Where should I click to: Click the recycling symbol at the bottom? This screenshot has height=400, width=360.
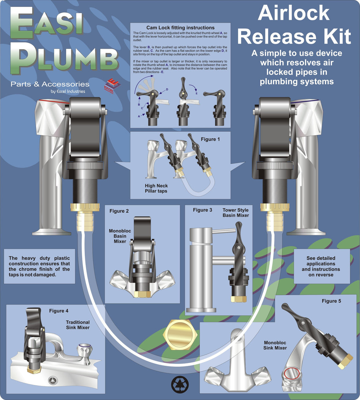click(180, 384)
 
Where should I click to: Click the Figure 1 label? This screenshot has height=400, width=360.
click(210, 139)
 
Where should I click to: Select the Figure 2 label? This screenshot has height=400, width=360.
click(119, 211)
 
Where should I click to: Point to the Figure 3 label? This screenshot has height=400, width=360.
click(202, 210)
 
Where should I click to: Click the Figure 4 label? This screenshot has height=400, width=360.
click(59, 311)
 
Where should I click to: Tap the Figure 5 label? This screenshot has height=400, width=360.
click(331, 301)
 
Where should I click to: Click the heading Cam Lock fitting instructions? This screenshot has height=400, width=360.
click(180, 28)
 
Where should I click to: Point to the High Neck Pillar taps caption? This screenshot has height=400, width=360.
click(156, 188)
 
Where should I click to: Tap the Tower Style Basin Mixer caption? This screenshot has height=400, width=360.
click(236, 213)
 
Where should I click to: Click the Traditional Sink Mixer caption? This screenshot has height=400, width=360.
click(78, 325)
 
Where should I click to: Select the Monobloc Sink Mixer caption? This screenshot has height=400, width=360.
click(275, 345)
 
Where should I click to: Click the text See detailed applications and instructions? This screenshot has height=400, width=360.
click(321, 266)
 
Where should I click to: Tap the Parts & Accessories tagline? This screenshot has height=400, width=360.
click(50, 84)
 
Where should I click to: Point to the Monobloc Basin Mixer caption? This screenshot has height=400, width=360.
click(120, 236)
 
